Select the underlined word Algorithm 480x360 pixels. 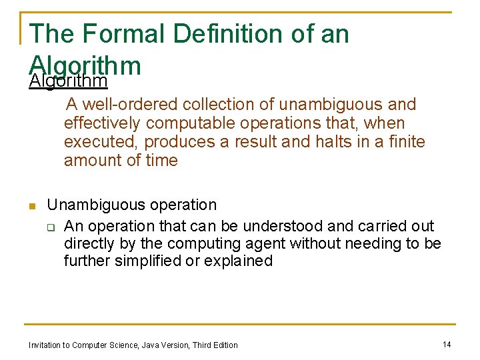click(x=69, y=81)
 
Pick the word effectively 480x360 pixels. click(x=102, y=123)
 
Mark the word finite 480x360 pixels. click(x=403, y=142)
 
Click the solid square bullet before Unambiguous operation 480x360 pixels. click(x=32, y=206)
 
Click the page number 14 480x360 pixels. click(x=447, y=344)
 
